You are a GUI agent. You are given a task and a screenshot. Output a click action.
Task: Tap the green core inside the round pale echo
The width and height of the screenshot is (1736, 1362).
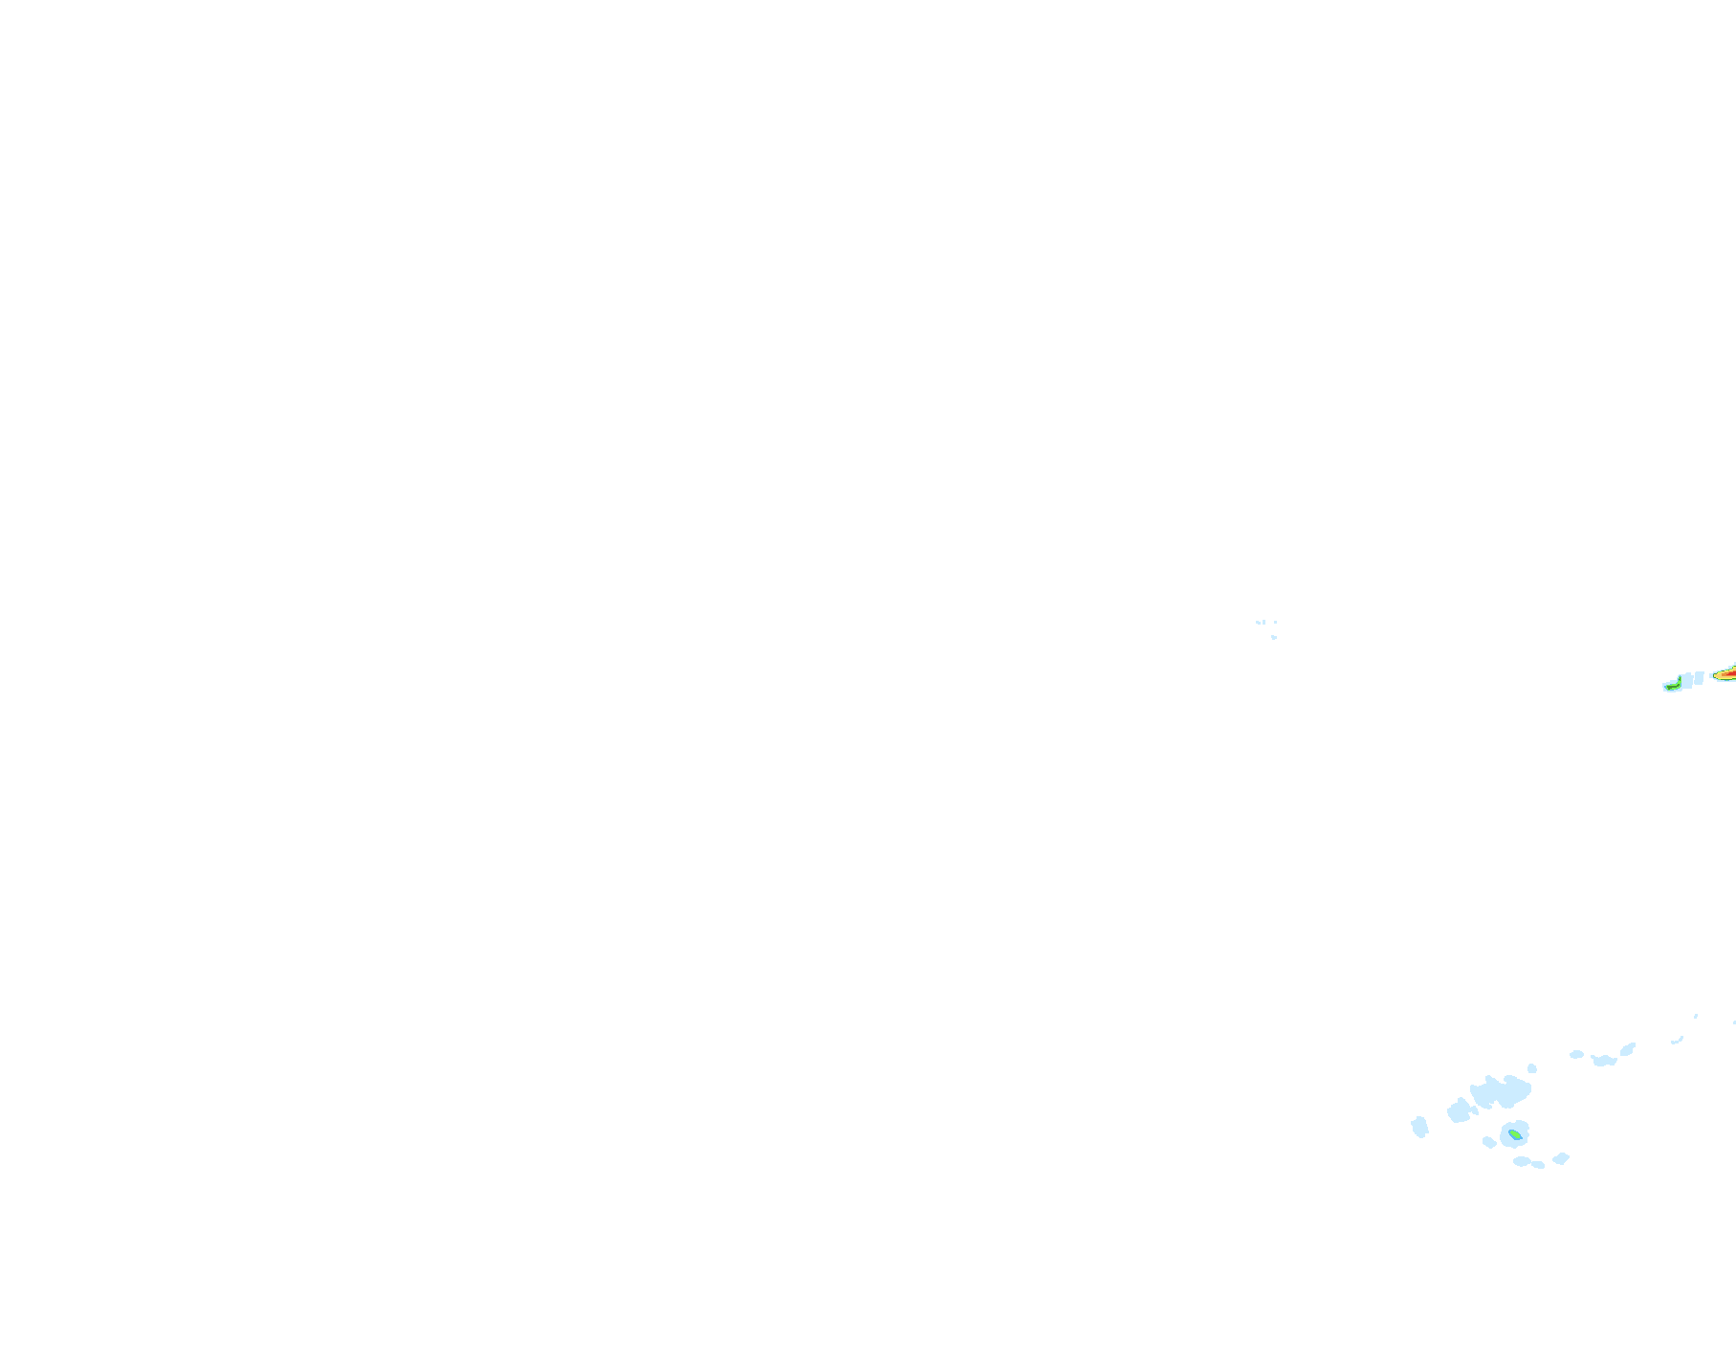point(1514,1135)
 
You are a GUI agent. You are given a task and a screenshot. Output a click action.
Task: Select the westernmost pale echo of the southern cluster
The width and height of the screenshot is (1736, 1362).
point(1419,1127)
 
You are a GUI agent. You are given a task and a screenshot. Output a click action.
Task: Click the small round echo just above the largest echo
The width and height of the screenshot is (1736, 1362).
point(1532,1068)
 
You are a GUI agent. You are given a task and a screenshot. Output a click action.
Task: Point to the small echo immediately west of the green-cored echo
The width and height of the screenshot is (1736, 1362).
point(1488,1142)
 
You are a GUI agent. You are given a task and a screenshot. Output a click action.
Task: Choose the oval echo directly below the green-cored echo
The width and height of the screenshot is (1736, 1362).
point(1522,1161)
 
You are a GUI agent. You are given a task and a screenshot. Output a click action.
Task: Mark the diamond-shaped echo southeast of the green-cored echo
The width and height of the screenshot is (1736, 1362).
point(1561,1158)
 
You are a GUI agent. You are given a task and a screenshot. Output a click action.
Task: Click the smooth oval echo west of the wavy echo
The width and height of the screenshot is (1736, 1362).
point(1576,1054)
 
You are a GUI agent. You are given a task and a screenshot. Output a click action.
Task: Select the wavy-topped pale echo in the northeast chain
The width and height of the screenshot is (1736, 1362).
point(1604,1060)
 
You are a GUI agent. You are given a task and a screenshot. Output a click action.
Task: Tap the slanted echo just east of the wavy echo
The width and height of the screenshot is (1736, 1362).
point(1628,1049)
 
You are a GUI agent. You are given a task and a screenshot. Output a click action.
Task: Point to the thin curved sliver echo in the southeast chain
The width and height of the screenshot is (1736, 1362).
point(1678,1040)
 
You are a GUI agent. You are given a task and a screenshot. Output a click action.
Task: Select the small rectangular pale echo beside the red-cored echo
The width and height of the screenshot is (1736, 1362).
point(1699,677)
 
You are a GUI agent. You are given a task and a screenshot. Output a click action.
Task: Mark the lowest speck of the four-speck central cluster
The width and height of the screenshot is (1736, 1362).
point(1274,637)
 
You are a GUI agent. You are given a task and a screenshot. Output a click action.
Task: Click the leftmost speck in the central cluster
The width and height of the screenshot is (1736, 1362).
point(1258,623)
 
